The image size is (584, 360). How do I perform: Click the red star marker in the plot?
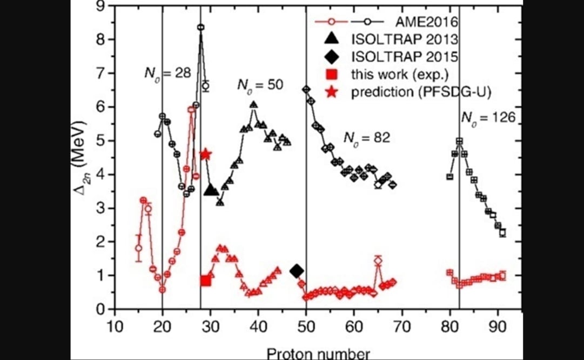pyautogui.click(x=205, y=155)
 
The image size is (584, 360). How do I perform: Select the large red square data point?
pyautogui.click(x=205, y=280)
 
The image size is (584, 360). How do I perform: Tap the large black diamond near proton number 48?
pyautogui.click(x=297, y=271)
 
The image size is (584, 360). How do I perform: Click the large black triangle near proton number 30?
pyautogui.click(x=211, y=190)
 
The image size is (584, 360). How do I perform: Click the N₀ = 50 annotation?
pyautogui.click(x=261, y=85)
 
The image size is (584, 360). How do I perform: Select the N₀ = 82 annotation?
pyautogui.click(x=367, y=137)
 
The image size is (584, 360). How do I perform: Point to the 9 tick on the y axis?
pyautogui.click(x=100, y=6)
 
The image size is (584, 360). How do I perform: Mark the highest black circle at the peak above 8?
pyautogui.click(x=200, y=27)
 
